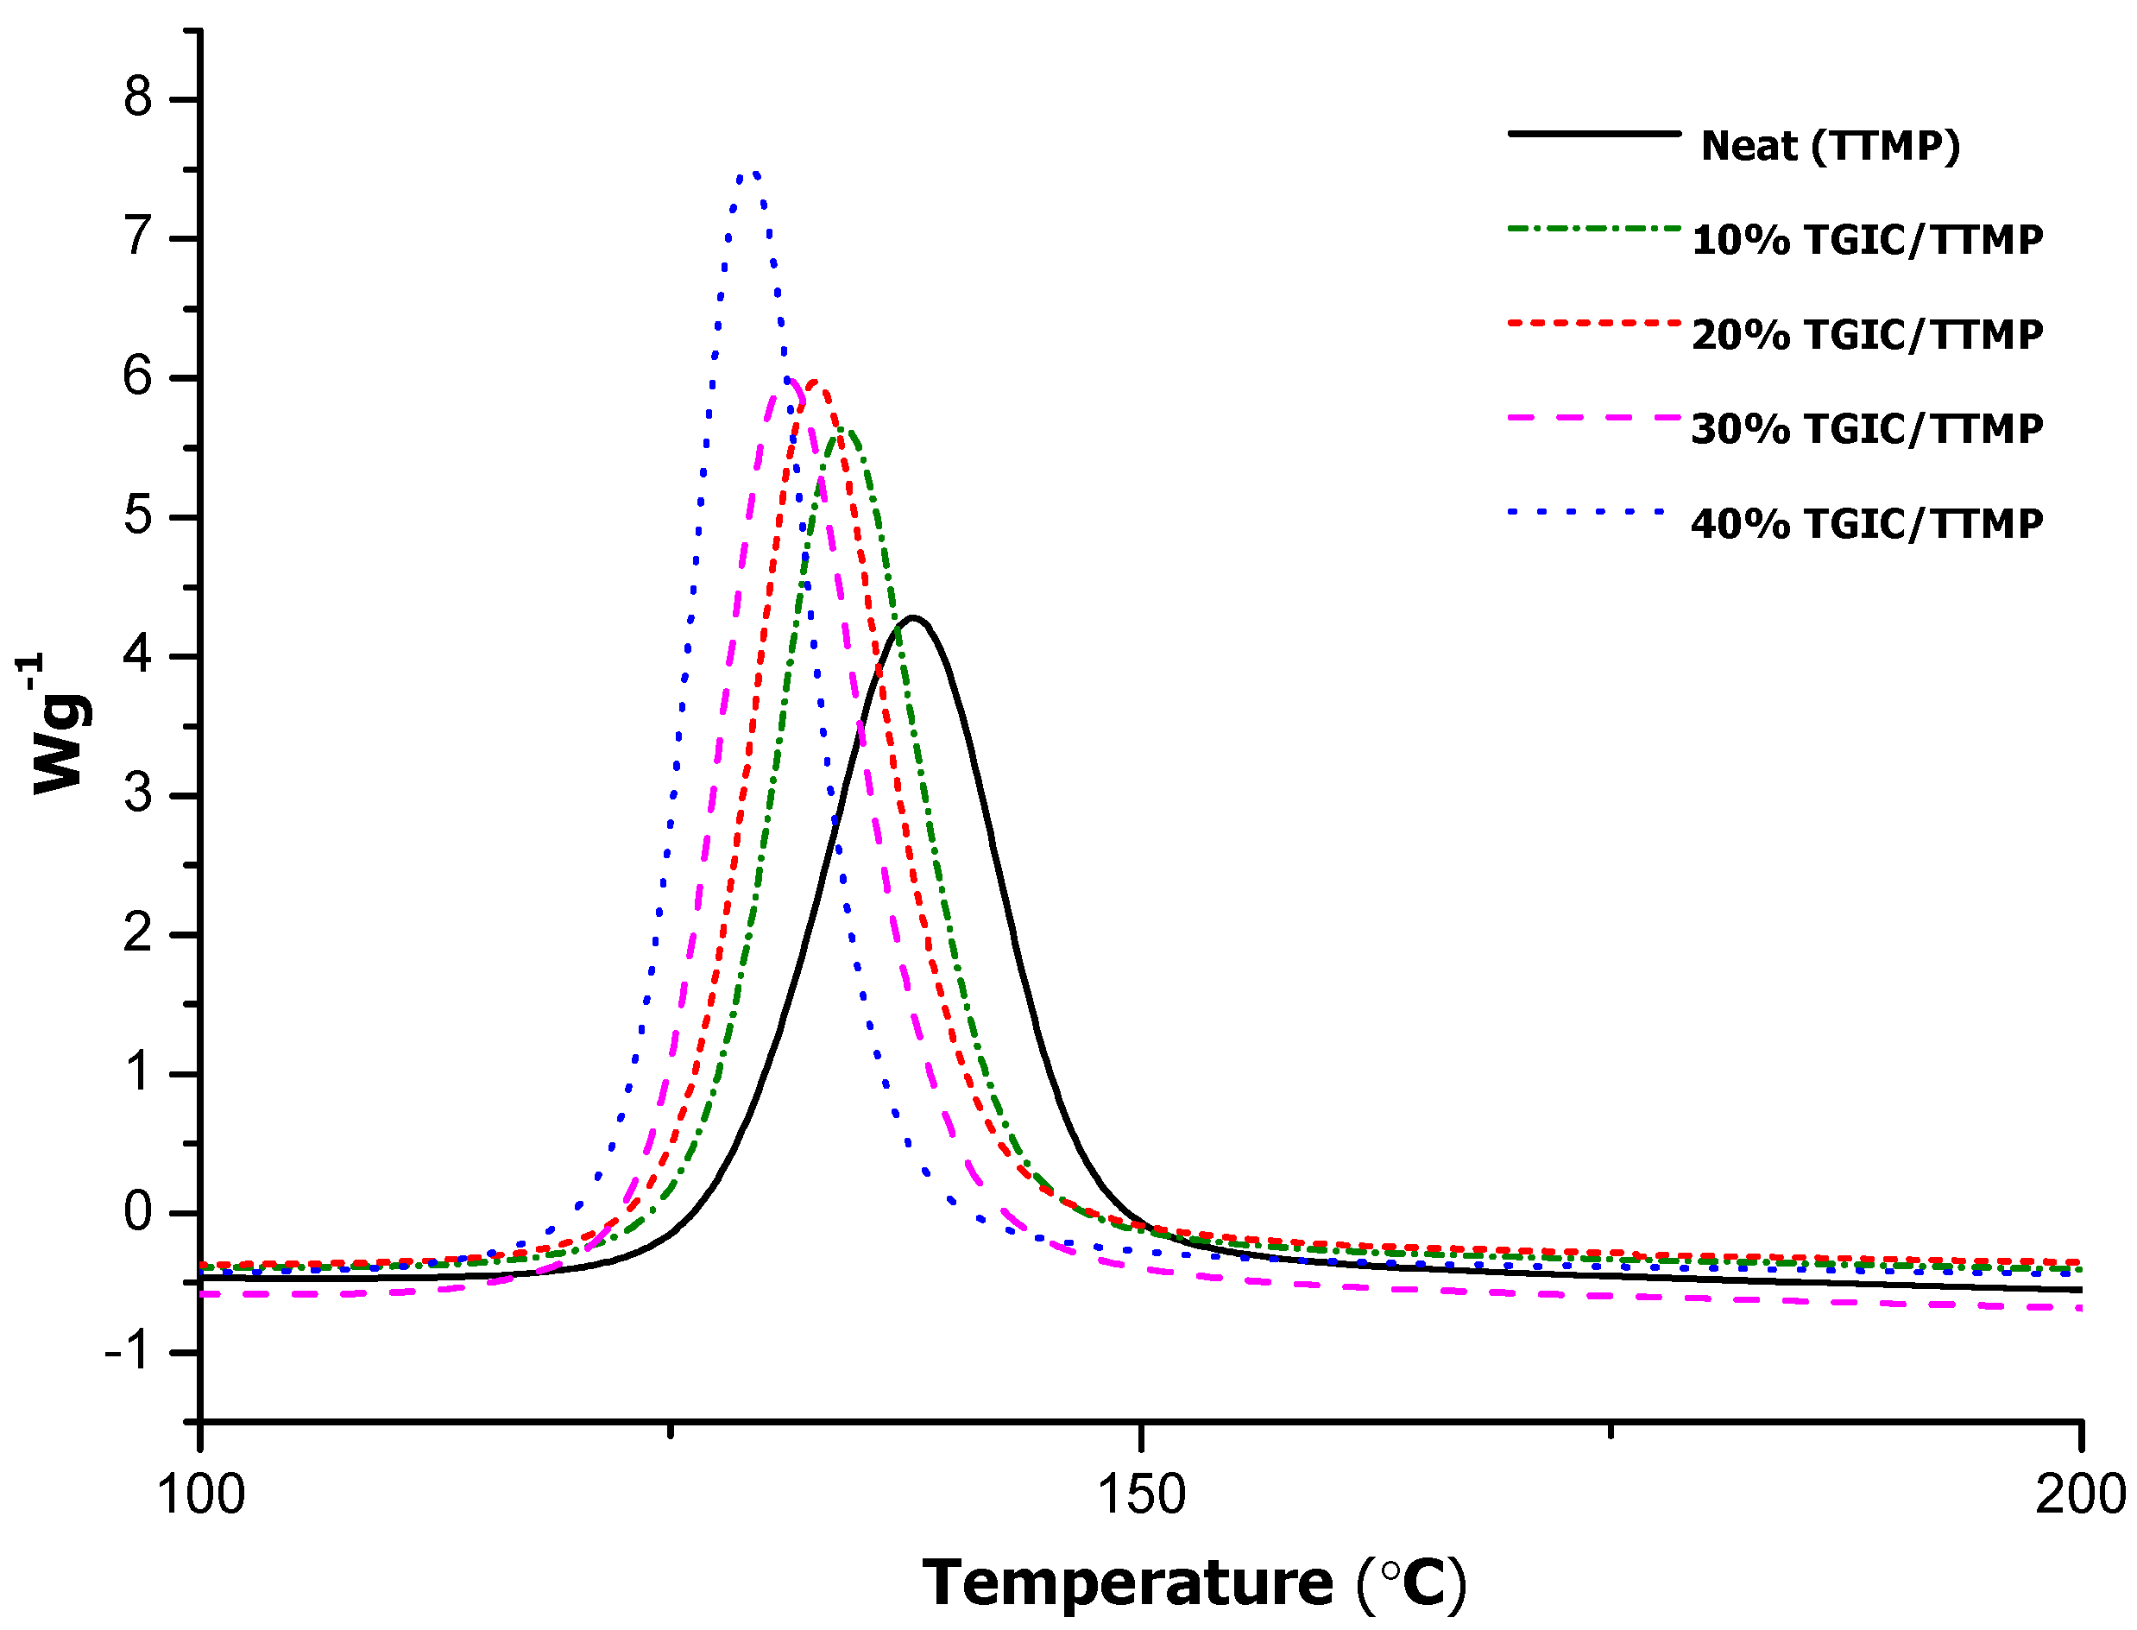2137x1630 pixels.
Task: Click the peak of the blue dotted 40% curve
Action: (751, 174)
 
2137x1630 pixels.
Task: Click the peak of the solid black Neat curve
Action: (911, 617)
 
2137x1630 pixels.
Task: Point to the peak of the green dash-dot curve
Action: (843, 431)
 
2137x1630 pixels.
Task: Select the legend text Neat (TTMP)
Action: (1831, 146)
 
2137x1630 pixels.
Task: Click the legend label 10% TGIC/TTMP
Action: (1866, 240)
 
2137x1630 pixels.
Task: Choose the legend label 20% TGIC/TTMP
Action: (1866, 335)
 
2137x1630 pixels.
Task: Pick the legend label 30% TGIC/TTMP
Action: (1866, 429)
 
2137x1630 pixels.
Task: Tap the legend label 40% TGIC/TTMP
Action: (1866, 524)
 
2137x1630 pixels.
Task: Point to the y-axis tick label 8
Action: (138, 98)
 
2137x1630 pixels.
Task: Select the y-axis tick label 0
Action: (138, 1212)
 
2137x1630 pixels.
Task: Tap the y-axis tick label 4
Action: (138, 655)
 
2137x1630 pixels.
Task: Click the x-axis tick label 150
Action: (1141, 1494)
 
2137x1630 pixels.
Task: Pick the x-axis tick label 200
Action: (2080, 1494)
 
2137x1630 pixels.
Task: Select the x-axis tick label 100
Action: (201, 1494)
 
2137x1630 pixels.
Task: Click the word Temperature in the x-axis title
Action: (1127, 1583)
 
